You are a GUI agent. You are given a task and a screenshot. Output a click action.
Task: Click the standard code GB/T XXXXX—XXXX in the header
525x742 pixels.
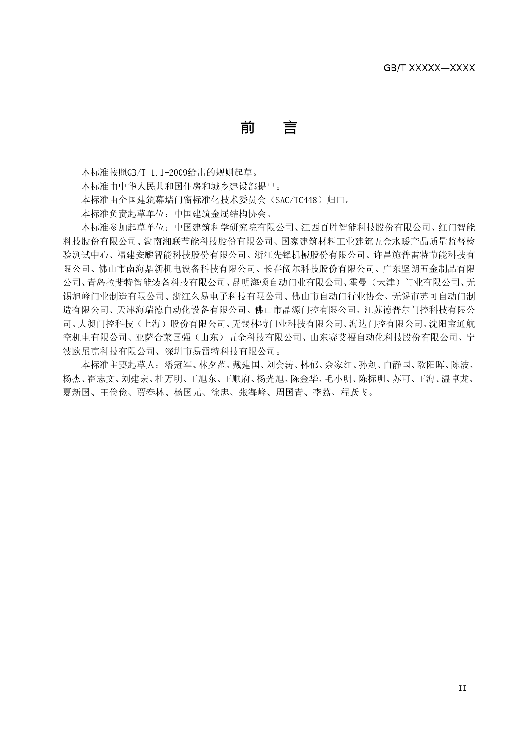tap(429, 68)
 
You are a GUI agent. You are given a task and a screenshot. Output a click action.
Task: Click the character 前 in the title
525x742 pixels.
tap(247, 127)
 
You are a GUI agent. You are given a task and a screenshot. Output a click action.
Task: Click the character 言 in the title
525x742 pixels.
tap(290, 127)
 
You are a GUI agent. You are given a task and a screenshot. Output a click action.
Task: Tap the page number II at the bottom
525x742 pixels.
tap(462, 688)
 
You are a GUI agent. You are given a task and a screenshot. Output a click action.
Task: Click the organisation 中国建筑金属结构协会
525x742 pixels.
tap(221, 214)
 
